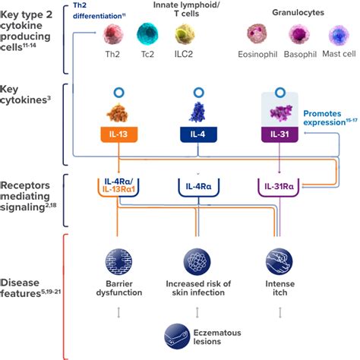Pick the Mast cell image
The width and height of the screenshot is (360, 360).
pyautogui.click(x=337, y=35)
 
